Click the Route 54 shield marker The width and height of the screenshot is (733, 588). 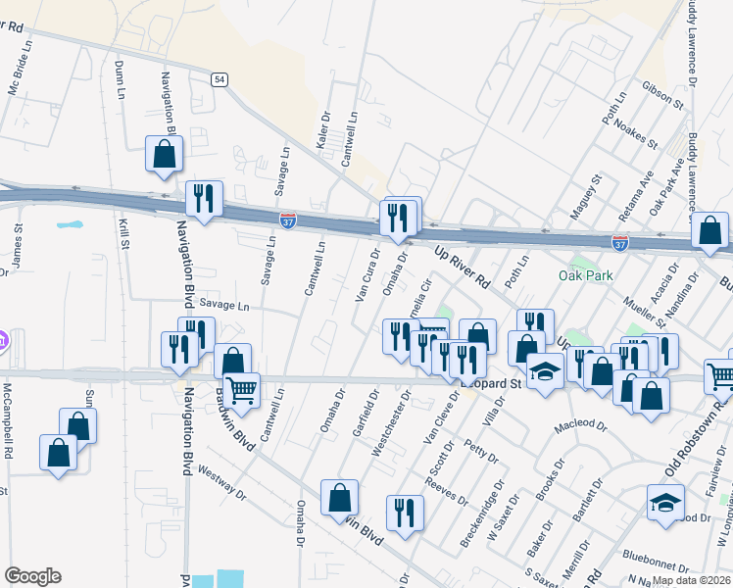coord(220,78)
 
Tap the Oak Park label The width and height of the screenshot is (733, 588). coord(586,275)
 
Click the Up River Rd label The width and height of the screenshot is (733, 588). coord(462,266)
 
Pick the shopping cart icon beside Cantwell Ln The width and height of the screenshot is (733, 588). coord(241,389)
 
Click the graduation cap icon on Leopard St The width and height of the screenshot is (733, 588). coord(544,371)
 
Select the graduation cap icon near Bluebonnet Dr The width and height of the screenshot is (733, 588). coord(665,502)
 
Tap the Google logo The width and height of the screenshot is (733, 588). coord(32,576)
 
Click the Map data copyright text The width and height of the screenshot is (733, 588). coord(692,580)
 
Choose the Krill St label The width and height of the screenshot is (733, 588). coord(124,235)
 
